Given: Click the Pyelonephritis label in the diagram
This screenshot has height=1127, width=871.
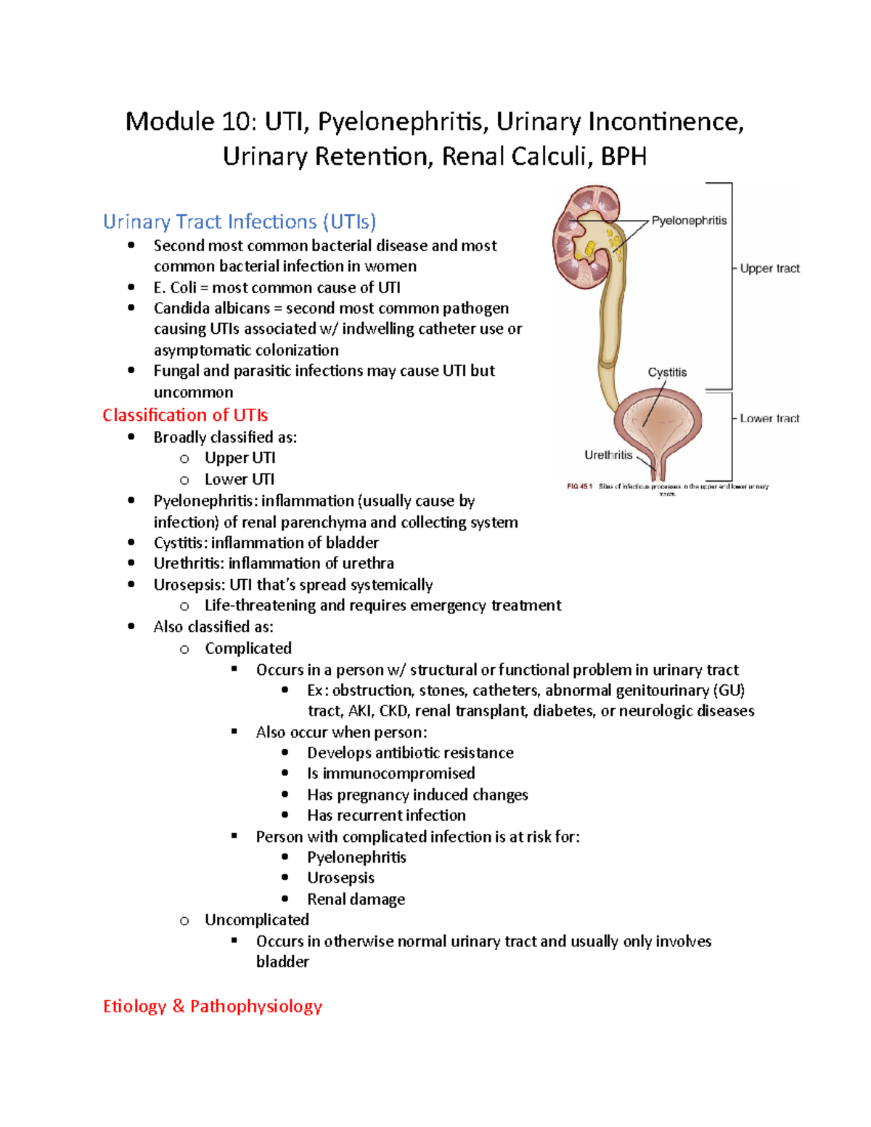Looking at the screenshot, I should click(x=688, y=221).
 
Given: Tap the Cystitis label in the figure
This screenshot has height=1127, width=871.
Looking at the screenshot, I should click(x=667, y=372).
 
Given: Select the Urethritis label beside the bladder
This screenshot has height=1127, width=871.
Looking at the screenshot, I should click(x=608, y=455).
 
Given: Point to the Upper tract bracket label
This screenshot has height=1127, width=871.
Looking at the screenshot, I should click(x=769, y=269).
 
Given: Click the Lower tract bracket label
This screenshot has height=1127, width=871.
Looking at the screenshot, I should click(x=769, y=419).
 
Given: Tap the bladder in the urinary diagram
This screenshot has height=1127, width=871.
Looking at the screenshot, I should click(x=658, y=421).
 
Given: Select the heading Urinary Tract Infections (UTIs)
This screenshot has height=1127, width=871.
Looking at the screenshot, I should click(x=240, y=221).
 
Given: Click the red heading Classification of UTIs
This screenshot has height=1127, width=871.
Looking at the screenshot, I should click(x=185, y=415).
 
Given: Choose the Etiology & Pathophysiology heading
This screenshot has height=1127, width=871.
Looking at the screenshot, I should click(x=212, y=1006).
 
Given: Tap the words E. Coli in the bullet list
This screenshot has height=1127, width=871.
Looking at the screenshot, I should click(x=174, y=287).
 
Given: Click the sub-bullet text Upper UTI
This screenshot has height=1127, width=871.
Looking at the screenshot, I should click(x=240, y=458).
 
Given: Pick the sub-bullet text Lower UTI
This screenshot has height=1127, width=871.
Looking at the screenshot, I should click(x=239, y=479).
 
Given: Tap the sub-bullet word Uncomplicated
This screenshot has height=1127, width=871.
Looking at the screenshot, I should click(x=256, y=919).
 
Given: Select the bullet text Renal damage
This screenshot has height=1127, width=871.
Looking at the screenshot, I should click(x=356, y=899).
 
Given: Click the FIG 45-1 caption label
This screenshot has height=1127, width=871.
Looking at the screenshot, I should click(x=580, y=486).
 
